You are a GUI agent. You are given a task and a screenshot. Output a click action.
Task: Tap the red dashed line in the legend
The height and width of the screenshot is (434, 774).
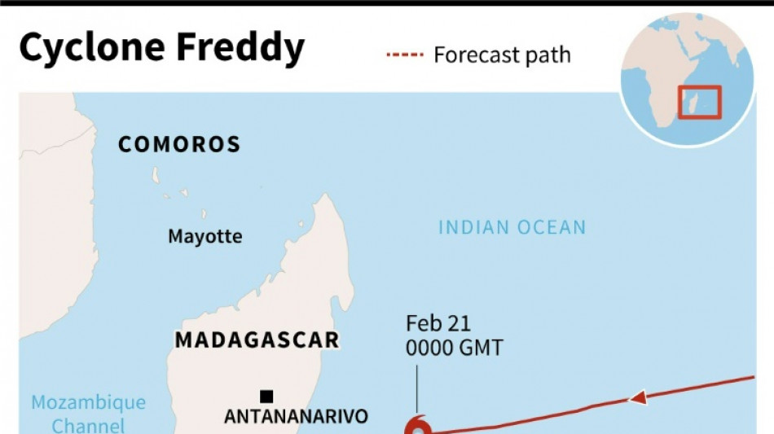pos(405,55)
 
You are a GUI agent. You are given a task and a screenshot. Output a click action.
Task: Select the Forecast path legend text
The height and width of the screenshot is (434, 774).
pos(502,55)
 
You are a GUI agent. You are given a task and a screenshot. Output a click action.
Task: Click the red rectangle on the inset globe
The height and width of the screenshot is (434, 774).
pos(700,103)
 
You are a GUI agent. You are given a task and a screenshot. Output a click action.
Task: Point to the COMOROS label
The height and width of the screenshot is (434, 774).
pos(179,145)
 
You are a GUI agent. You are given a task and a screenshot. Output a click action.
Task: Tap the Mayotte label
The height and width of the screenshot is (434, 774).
pos(204,236)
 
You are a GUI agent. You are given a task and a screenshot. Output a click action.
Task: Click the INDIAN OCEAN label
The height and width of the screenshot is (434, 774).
pos(512,227)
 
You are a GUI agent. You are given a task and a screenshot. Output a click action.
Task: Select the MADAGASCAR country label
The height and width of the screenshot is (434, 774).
pos(257,340)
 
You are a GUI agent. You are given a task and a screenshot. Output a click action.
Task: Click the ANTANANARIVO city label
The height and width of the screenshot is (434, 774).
pos(296,416)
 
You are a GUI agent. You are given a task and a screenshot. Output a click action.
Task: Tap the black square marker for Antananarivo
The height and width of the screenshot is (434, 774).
pos(266,397)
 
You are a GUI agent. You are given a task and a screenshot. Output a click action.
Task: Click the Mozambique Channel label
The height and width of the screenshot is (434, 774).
pos(89,414)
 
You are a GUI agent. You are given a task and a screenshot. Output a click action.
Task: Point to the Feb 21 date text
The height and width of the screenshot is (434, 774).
pos(438,324)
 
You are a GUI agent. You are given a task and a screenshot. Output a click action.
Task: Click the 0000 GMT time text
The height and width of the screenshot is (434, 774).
pos(454,348)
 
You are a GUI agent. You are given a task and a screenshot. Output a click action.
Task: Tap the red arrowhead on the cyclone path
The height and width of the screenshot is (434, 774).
pos(639,398)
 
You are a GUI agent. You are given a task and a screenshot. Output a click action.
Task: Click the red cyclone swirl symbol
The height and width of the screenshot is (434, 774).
pos(417,425)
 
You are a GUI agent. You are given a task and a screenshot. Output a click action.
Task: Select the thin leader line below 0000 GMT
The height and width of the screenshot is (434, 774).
pos(416,388)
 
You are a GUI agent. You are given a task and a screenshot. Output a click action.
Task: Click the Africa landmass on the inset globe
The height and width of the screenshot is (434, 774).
pos(652,98)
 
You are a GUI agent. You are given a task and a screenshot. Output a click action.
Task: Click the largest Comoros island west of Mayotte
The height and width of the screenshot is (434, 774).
pos(155,176)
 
